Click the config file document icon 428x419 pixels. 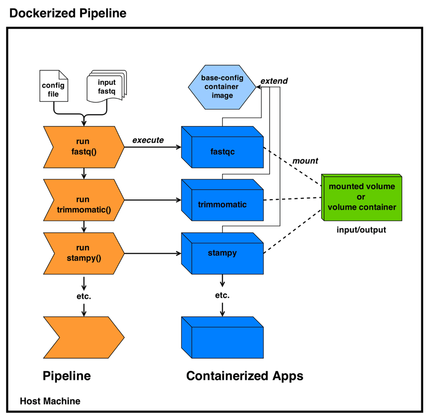coord(54,86)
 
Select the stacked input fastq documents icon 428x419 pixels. coord(107,86)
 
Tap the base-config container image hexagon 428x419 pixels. coord(222,87)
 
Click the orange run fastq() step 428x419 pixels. coord(84,147)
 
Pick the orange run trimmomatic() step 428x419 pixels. coord(84,200)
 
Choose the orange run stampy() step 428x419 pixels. coord(84,253)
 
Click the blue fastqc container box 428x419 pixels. coord(223,147)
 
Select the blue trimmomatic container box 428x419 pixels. coord(223,200)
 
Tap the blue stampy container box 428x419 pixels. coord(223,253)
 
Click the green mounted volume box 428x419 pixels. coord(362,197)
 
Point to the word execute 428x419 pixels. coord(148,140)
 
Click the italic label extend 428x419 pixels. coord(274,81)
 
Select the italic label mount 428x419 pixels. coord(305,161)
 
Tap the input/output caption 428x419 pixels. coord(361,230)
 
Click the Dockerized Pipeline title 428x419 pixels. coord(68,13)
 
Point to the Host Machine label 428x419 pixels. coord(50,401)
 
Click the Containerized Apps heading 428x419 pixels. coord(244,376)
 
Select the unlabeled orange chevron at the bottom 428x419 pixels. coord(84,337)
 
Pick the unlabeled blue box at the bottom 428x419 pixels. coord(223,337)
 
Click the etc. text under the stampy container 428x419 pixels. coord(222,295)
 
